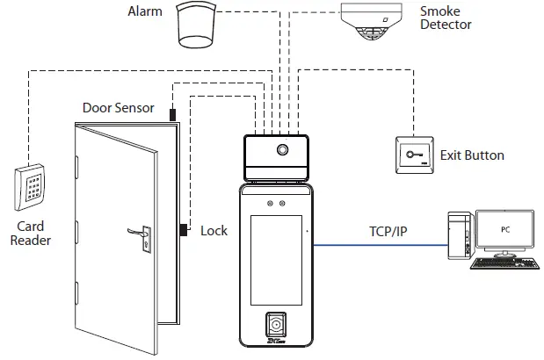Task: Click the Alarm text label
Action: click(x=146, y=11)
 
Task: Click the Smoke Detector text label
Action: click(x=446, y=18)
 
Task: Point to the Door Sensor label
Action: click(x=118, y=108)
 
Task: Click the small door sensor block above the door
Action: click(x=173, y=113)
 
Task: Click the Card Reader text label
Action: click(x=30, y=233)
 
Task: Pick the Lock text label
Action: click(x=214, y=231)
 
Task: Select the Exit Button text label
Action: click(x=472, y=155)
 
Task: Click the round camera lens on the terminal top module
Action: click(x=283, y=149)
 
